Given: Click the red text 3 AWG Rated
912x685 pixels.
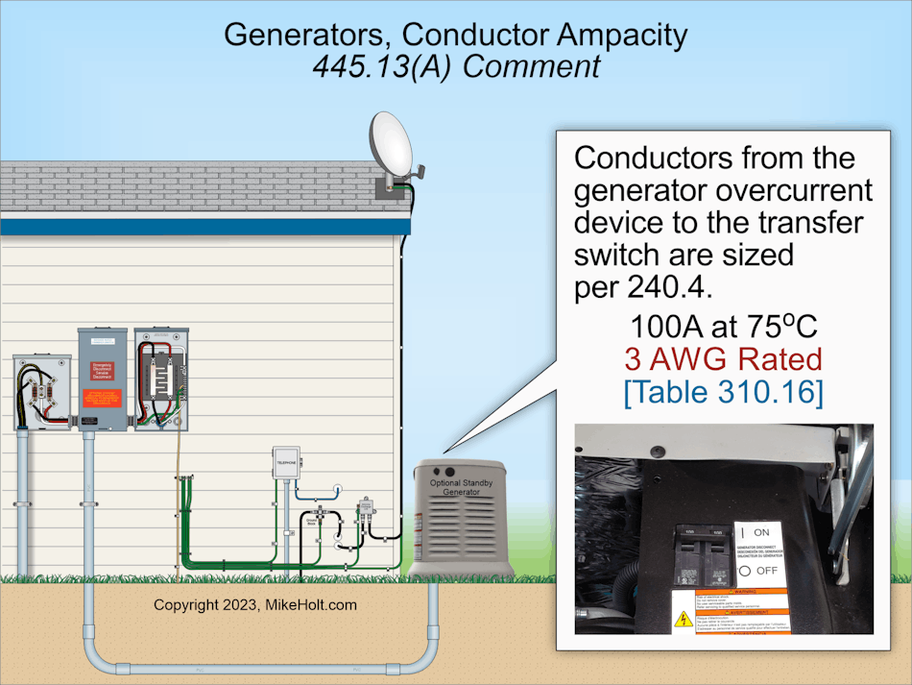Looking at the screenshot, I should pyautogui.click(x=723, y=359).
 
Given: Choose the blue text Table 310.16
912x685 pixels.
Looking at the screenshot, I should pyautogui.click(x=723, y=393).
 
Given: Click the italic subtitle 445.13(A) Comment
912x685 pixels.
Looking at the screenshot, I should pyautogui.click(x=456, y=66).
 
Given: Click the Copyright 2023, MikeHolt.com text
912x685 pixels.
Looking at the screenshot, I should pyautogui.click(x=255, y=605).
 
